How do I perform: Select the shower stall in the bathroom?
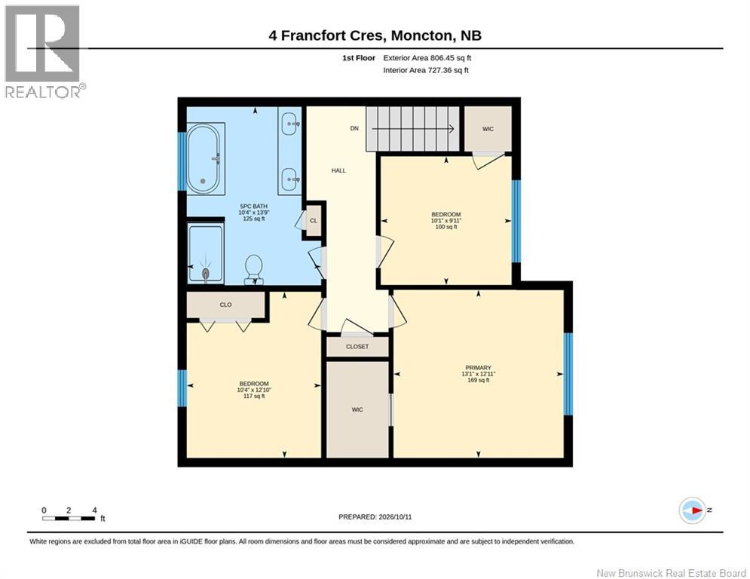pyautogui.click(x=206, y=253)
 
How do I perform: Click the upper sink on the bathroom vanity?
pyautogui.click(x=290, y=124)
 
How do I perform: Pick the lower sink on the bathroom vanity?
pyautogui.click(x=290, y=179)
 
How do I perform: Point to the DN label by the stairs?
pyautogui.click(x=354, y=128)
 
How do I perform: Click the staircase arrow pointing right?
pyautogui.click(x=411, y=128)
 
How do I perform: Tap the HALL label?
pyautogui.click(x=338, y=170)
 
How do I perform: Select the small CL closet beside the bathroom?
pyautogui.click(x=314, y=221)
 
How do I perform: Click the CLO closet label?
pyautogui.click(x=226, y=305)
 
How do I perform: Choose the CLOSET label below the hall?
pyautogui.click(x=357, y=347)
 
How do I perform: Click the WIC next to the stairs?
pyautogui.click(x=488, y=129)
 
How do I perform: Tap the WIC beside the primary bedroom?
pyautogui.click(x=357, y=409)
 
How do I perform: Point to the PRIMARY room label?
pyautogui.click(x=479, y=368)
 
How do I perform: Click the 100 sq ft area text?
pyautogui.click(x=446, y=227)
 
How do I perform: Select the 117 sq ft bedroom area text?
pyautogui.click(x=254, y=397)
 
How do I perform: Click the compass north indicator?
pyautogui.click(x=693, y=510)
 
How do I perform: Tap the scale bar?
pyautogui.click(x=69, y=518)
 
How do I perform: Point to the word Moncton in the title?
pyautogui.click(x=421, y=35)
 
